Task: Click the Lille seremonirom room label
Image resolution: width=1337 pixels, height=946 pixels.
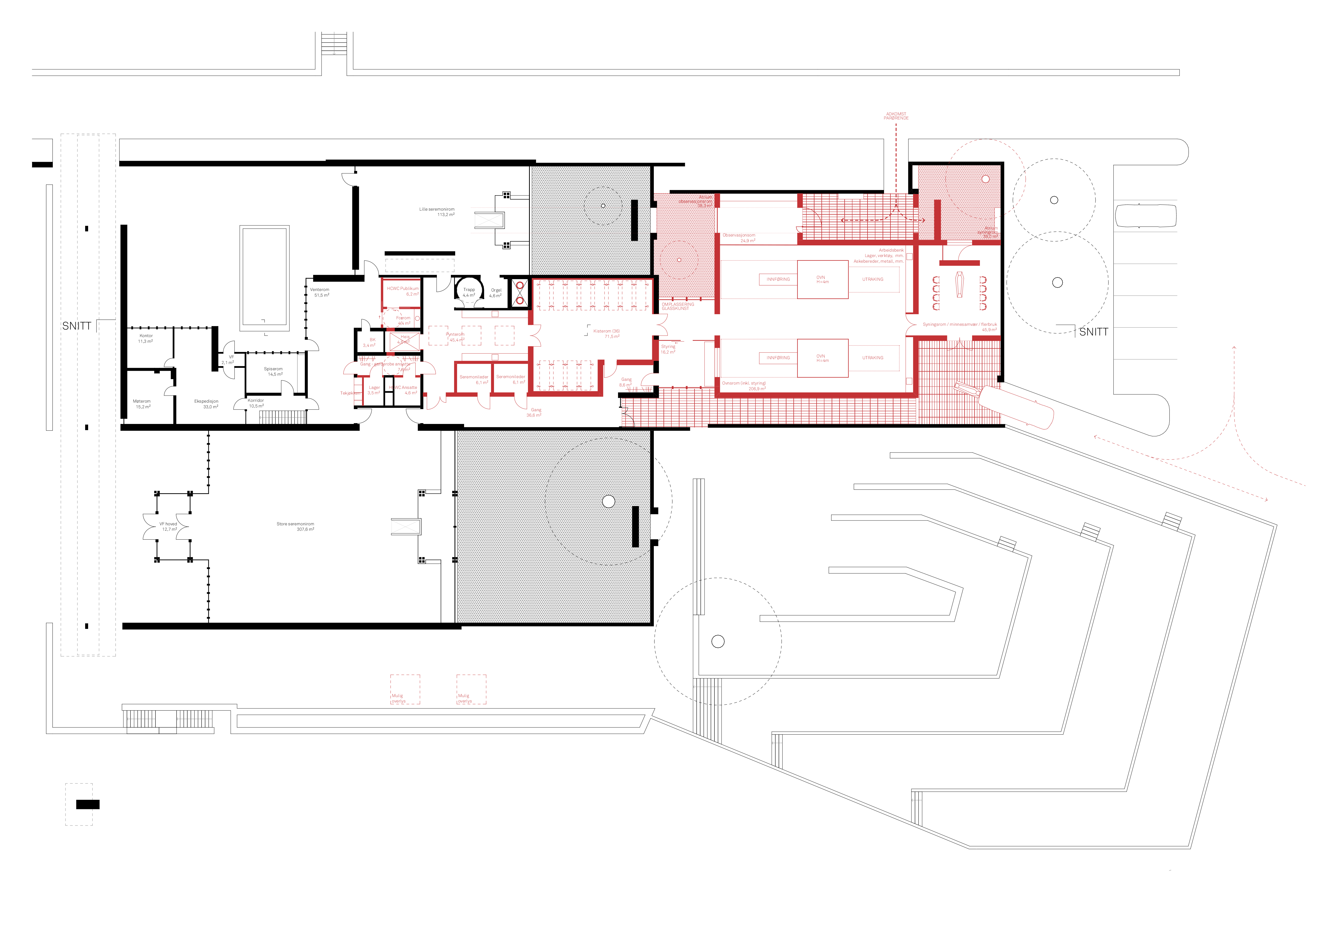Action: (x=437, y=209)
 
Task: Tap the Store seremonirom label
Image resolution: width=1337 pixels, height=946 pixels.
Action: (x=295, y=524)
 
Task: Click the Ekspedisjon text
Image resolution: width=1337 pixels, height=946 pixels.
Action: (x=206, y=401)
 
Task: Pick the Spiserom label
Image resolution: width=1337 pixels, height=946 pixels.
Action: (x=273, y=369)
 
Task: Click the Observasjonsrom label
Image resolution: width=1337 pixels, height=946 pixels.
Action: (x=739, y=235)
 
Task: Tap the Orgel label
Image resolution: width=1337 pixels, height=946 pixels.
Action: (x=496, y=290)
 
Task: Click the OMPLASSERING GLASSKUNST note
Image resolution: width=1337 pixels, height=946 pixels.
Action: (x=678, y=306)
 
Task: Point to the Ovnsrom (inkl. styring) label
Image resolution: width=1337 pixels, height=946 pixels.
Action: (x=744, y=383)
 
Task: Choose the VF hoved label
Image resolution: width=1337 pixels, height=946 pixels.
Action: (x=168, y=524)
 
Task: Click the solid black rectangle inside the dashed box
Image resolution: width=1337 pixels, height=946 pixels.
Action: (x=88, y=804)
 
